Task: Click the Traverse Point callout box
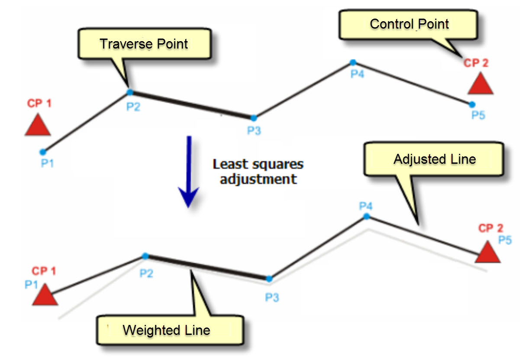point(144,44)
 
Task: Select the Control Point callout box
point(409,24)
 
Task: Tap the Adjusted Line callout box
point(434,159)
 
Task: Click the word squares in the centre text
point(280,165)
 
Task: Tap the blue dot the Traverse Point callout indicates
point(129,92)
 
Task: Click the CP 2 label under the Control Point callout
point(476,63)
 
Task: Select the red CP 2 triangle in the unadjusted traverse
point(481,84)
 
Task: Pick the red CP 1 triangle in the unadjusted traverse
point(38,126)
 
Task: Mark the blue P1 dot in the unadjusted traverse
point(42,152)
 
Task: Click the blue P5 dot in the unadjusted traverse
point(472,104)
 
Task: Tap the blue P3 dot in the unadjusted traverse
point(254,117)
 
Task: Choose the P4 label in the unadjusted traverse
point(357,74)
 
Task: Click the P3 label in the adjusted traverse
point(272,297)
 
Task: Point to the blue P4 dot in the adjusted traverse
point(366,216)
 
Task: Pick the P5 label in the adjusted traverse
point(504,240)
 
